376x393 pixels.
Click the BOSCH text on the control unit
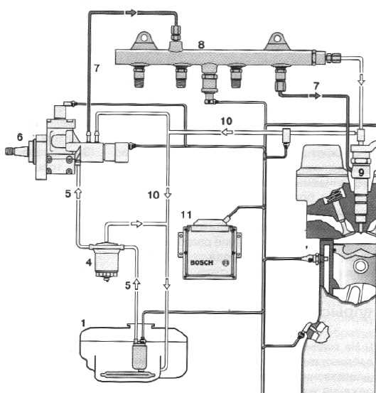[202, 263]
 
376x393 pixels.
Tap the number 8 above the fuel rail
[201, 45]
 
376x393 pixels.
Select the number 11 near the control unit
[186, 215]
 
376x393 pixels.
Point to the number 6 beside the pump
[20, 137]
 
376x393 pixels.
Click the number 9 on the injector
[361, 172]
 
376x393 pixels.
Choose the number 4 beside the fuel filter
[88, 262]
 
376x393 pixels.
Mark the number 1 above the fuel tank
[83, 323]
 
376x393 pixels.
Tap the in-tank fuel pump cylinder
[139, 356]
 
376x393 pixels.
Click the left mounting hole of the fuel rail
[144, 38]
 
